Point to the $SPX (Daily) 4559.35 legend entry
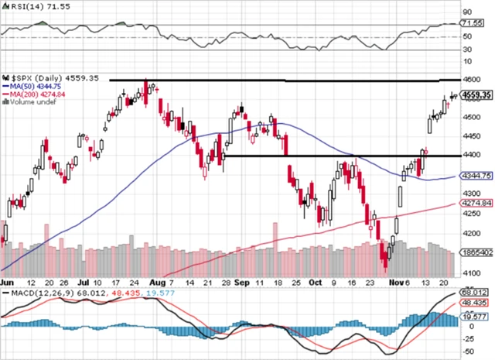[46, 78]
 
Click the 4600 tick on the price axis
[470, 80]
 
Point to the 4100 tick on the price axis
[470, 273]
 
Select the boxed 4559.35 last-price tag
[476, 94]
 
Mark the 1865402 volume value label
[476, 252]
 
